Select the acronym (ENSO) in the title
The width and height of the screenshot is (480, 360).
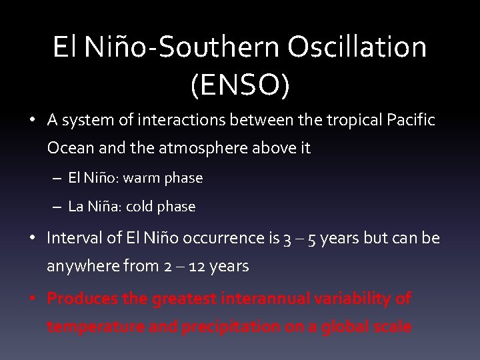point(239,86)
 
